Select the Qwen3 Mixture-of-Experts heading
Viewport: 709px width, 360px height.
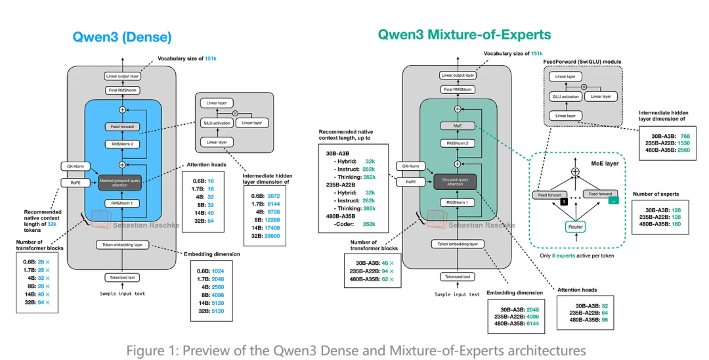pos(464,34)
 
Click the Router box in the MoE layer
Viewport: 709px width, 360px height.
pos(576,226)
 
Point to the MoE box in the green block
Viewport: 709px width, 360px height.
pos(458,125)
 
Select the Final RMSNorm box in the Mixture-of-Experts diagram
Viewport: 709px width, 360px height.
pos(458,89)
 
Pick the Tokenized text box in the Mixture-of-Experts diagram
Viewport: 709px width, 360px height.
pos(458,277)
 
